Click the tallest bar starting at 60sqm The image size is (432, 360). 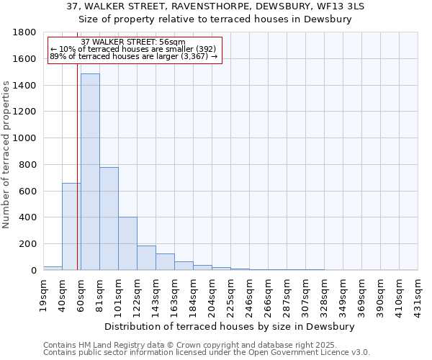click(90, 173)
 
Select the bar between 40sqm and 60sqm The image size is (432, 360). click(71, 227)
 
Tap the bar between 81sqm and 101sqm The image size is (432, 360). click(109, 219)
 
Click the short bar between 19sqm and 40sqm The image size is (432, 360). click(53, 268)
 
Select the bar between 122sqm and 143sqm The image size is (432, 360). click(146, 258)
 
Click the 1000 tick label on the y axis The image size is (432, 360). click(26, 138)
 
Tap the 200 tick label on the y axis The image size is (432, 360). click(29, 244)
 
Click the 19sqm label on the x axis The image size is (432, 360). click(43, 292)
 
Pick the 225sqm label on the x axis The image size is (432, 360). click(230, 293)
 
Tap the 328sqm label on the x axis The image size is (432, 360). click(324, 293)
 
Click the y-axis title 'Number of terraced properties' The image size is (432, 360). click(6, 155)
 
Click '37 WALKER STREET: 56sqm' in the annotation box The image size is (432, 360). click(133, 42)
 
